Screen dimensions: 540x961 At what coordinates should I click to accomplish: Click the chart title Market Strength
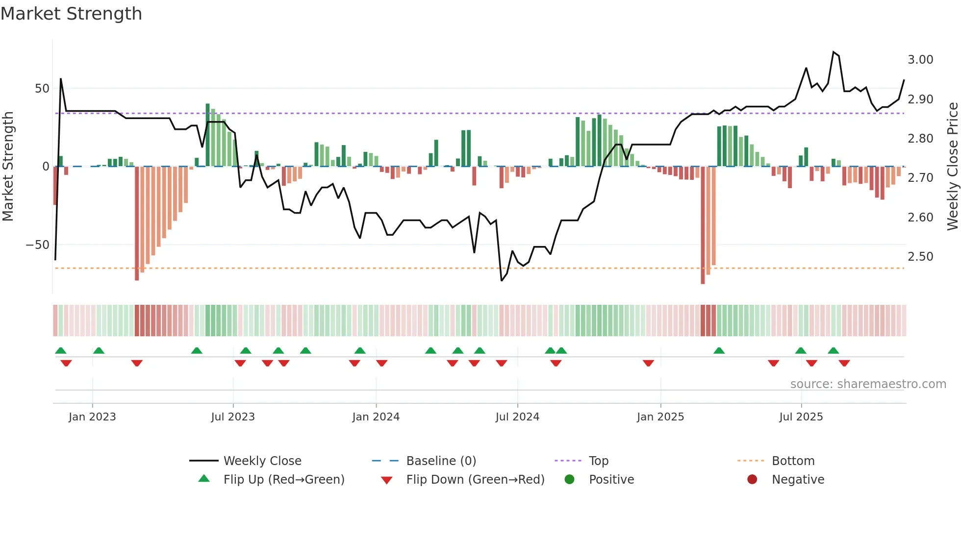(71, 14)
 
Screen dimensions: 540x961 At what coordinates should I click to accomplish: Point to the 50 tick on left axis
(42, 89)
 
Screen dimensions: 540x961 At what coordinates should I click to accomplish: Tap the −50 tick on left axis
(38, 245)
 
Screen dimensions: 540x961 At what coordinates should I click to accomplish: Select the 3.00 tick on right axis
(920, 60)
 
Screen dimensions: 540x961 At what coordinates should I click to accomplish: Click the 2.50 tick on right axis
(920, 257)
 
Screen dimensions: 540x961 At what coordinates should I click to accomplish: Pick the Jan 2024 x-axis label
(376, 417)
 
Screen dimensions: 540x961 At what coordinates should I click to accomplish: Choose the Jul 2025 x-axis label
(801, 417)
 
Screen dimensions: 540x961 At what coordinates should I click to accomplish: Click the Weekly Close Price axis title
(952, 167)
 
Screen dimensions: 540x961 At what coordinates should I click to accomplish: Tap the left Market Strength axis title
(8, 167)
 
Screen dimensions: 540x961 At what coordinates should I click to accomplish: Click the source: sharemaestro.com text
(868, 384)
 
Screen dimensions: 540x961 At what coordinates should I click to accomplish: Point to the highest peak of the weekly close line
(834, 51)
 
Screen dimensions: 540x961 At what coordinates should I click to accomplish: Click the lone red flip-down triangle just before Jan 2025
(648, 363)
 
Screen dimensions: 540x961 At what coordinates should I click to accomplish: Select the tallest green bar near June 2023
(207, 135)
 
